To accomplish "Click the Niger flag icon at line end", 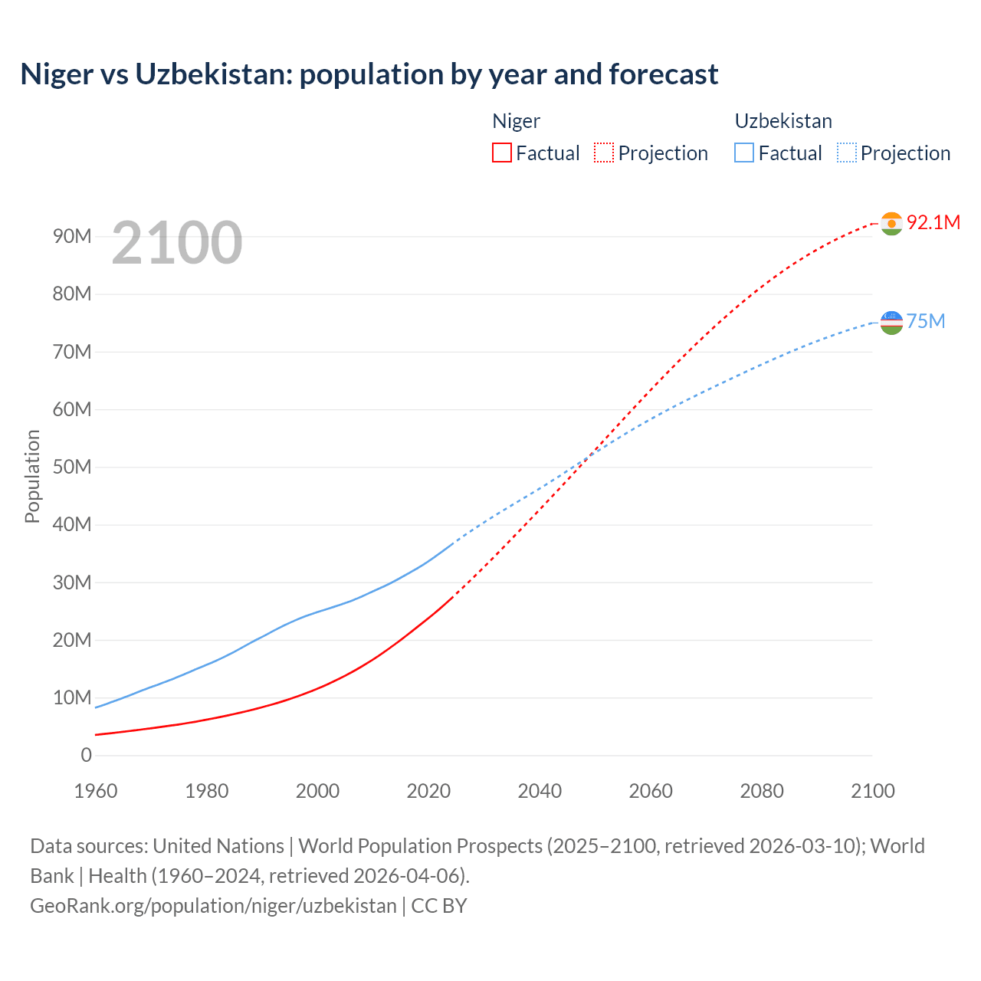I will tap(891, 223).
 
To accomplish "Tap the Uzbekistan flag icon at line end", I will tap(891, 322).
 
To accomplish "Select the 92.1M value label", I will tap(933, 222).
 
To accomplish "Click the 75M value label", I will tap(926, 321).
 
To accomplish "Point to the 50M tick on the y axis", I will tap(72, 467).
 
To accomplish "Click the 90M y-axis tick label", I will tap(72, 236).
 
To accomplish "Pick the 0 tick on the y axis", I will tap(86, 755).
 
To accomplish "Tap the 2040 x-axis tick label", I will tap(540, 791).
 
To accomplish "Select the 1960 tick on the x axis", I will tap(96, 791).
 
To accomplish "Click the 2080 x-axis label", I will tap(762, 791).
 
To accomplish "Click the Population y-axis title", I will tap(32, 476).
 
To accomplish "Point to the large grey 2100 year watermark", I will tap(177, 243).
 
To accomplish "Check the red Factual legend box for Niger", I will tap(502, 153).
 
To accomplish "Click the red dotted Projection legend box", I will tap(604, 153).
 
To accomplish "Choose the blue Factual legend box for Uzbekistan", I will tap(744, 153).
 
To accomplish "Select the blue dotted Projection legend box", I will tap(847, 153).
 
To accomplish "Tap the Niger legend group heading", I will tap(516, 121).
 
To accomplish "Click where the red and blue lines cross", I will tap(587, 458).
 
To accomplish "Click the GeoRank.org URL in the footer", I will tap(213, 905).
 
